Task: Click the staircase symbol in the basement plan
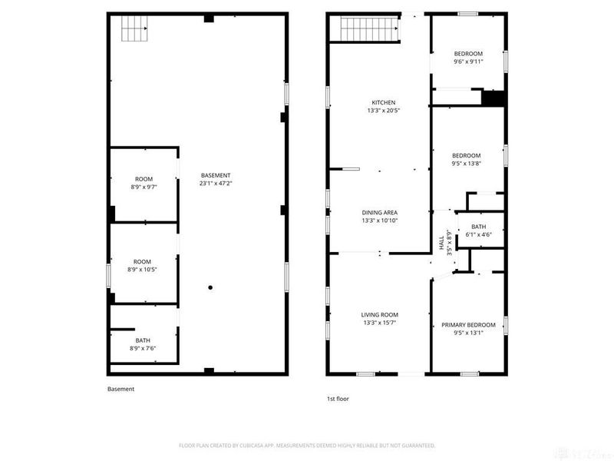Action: pos(134,30)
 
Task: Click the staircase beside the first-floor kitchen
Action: pos(367,31)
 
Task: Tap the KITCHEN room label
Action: pos(383,102)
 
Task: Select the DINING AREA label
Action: pos(380,212)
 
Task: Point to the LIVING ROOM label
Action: pos(380,314)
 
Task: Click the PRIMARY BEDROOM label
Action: pos(468,324)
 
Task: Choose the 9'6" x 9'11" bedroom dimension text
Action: pos(468,61)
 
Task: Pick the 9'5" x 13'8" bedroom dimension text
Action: pos(467,163)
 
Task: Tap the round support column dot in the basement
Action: pos(210,287)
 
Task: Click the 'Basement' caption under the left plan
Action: pos(120,389)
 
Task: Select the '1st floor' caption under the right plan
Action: pos(338,399)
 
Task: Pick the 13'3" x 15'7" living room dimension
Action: pos(380,322)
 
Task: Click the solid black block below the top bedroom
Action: pos(494,98)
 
